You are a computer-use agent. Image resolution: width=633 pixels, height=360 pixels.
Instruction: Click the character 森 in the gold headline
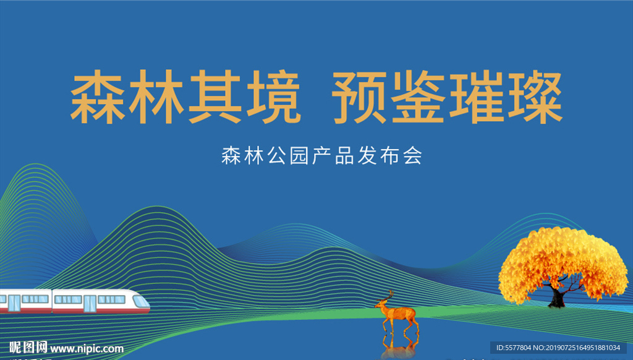pyautogui.click(x=98, y=97)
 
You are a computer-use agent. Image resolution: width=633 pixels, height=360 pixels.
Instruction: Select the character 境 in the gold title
pyautogui.click(x=273, y=97)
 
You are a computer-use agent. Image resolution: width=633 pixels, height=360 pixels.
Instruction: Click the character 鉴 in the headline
pyautogui.click(x=418, y=97)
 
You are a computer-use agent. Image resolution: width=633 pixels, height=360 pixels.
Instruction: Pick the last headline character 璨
pyautogui.click(x=535, y=97)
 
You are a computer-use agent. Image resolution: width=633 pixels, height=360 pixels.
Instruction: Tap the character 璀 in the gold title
pyautogui.click(x=477, y=97)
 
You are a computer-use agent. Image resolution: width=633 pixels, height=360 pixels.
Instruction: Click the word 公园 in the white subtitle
pyautogui.click(x=288, y=156)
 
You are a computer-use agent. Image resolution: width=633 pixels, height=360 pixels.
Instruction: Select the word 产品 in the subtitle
pyautogui.click(x=333, y=156)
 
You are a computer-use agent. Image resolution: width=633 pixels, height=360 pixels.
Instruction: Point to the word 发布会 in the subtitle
pyautogui.click(x=389, y=156)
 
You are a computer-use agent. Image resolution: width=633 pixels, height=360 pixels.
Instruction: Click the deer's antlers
pyautogui.click(x=389, y=296)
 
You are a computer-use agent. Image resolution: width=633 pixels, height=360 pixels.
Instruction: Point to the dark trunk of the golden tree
pyautogui.click(x=558, y=298)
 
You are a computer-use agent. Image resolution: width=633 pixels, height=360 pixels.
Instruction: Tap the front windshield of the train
pyautogui.click(x=141, y=301)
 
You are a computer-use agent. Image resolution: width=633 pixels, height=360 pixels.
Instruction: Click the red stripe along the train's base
pyautogui.click(x=75, y=311)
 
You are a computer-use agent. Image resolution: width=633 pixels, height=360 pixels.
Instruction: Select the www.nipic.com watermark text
pyautogui.click(x=87, y=349)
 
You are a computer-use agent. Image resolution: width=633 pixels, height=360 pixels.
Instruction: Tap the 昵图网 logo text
pyautogui.click(x=28, y=348)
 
